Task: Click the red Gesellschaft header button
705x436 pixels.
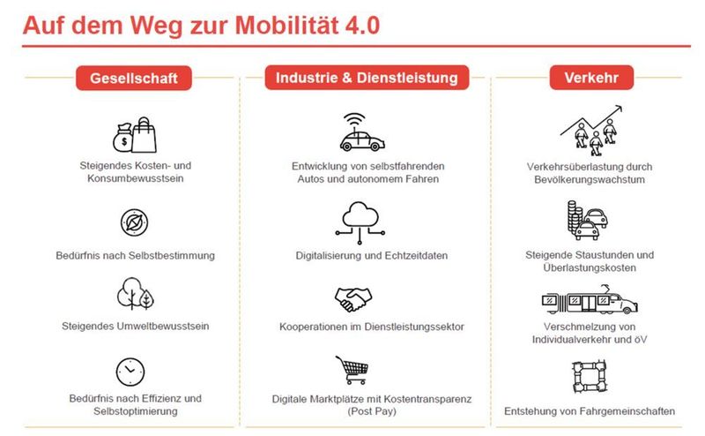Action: (133, 79)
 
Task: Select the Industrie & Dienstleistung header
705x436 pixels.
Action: (367, 78)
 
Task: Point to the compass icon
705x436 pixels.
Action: (133, 222)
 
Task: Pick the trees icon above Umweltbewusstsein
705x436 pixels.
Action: (132, 293)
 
